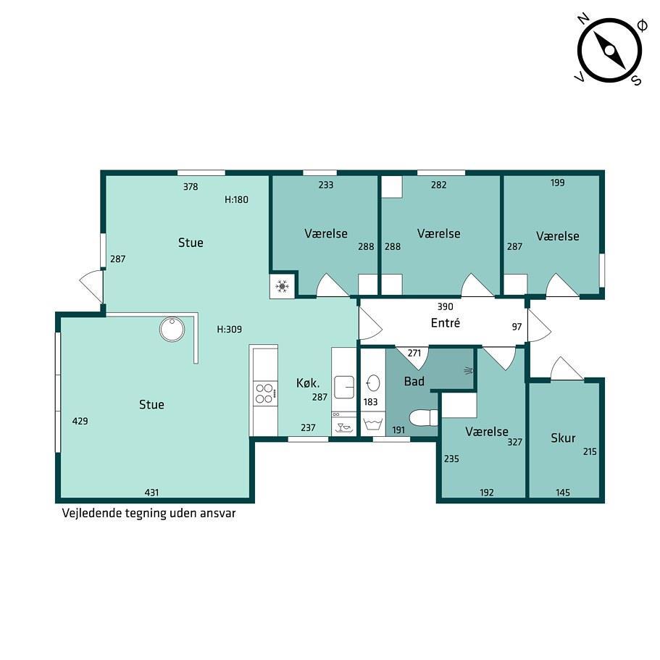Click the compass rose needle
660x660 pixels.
[609, 50]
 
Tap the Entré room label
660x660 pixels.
[446, 323]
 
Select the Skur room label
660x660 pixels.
[563, 438]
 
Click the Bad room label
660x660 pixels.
[414, 381]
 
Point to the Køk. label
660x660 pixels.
[308, 383]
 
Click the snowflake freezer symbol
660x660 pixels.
[282, 287]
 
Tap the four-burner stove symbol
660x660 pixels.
[265, 393]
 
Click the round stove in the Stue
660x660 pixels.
[172, 329]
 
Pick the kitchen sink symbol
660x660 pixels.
[344, 388]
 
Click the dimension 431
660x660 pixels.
[151, 492]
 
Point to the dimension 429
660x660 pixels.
[80, 421]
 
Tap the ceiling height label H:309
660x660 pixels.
[230, 329]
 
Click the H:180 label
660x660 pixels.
[237, 199]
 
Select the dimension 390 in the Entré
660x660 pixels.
[446, 307]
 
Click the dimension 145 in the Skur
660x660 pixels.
[563, 493]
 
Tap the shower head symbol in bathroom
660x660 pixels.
[469, 371]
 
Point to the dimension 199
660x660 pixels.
[557, 183]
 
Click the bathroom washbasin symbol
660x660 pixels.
[373, 384]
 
